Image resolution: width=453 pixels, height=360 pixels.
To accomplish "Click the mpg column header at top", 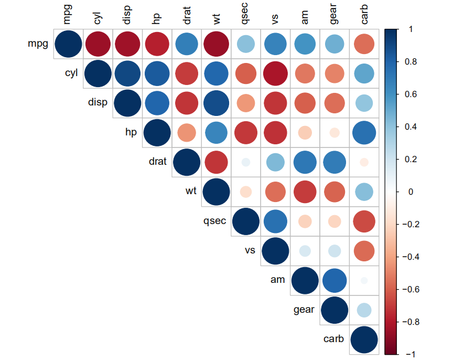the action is (68, 14).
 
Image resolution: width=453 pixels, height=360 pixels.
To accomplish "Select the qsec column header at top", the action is (245, 13).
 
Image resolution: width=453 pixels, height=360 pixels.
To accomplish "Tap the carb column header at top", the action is (364, 14).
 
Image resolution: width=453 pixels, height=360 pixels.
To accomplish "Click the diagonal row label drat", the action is (158, 161).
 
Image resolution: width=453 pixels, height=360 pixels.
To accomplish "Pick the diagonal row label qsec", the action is (214, 221).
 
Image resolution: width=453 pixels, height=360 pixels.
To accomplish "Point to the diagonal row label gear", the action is (304, 310).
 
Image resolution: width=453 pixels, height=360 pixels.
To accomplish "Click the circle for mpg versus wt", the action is (216, 44).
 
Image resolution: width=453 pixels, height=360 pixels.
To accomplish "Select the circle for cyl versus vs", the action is (275, 73).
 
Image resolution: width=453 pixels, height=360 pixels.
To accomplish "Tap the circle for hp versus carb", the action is (364, 133).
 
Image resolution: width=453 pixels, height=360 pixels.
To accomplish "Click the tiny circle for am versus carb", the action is (364, 280).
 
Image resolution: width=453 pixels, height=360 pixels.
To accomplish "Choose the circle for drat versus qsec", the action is (246, 162).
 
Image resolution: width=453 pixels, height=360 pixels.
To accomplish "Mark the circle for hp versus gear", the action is (335, 133).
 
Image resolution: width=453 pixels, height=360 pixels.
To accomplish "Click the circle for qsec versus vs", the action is (275, 221).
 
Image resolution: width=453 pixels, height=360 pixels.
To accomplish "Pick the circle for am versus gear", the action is (335, 280).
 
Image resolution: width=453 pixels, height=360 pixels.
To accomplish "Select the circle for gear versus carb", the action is (364, 310).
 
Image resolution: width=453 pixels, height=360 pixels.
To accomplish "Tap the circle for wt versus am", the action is (305, 192).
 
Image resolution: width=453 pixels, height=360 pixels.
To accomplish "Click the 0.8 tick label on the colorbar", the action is (411, 61).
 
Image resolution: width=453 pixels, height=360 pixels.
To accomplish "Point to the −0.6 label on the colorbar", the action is (411, 289).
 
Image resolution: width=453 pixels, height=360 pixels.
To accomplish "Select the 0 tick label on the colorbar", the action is (411, 192).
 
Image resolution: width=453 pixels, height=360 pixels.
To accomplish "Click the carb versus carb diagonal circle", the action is (364, 340).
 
